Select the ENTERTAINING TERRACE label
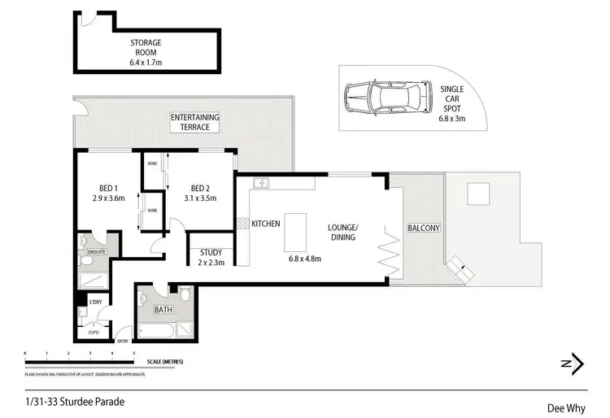pos(190,122)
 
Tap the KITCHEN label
pos(266,223)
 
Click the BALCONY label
pos(423,229)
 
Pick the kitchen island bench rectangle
pos(295,233)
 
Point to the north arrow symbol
pos(574,364)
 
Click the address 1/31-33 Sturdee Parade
pos(76,401)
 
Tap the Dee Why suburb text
pos(562,409)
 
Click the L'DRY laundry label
pos(95,303)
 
